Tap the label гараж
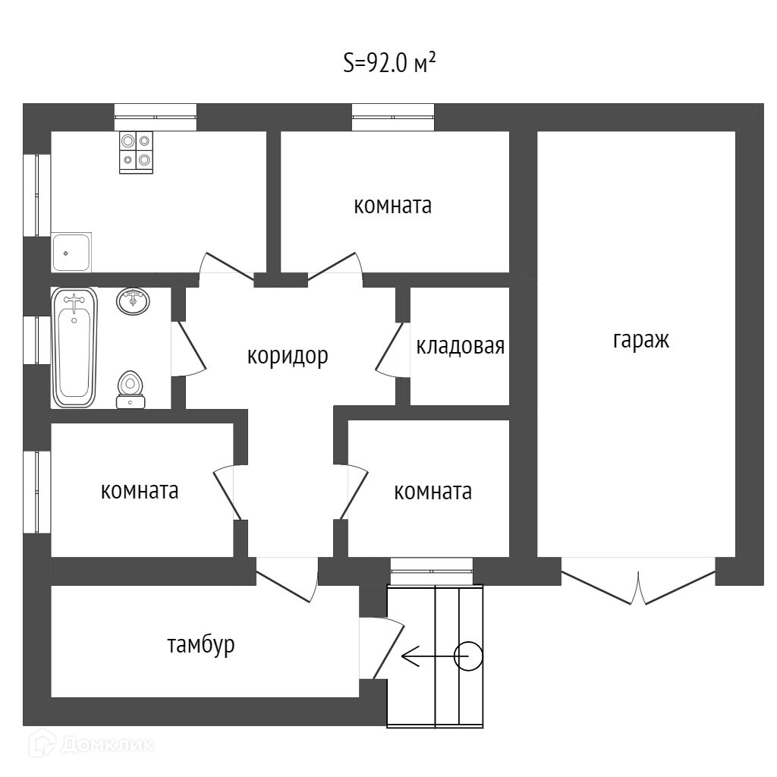tap(641, 340)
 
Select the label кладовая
tap(460, 347)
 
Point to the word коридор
tap(288, 355)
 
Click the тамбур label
tap(201, 645)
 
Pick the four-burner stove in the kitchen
tap(137, 152)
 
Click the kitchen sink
tap(72, 252)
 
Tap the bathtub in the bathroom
tap(74, 347)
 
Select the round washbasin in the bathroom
tap(133, 300)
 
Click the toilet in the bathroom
tap(131, 388)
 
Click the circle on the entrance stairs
tap(468, 656)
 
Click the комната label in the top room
tap(392, 205)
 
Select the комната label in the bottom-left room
tap(140, 491)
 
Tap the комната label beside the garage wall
tap(433, 492)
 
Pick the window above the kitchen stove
tap(156, 118)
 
